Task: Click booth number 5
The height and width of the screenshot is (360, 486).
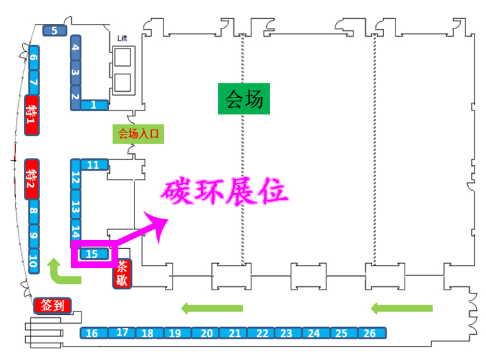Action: pyautogui.click(x=55, y=30)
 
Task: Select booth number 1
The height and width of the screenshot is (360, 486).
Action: pyautogui.click(x=94, y=105)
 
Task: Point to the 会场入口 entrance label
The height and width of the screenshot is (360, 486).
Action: pyautogui.click(x=137, y=134)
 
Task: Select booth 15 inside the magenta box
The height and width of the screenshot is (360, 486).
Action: pyautogui.click(x=92, y=254)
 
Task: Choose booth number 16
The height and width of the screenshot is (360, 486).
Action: pyautogui.click(x=92, y=334)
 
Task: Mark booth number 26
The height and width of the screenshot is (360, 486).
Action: pyautogui.click(x=370, y=334)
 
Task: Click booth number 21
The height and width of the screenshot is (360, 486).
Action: pyautogui.click(x=235, y=334)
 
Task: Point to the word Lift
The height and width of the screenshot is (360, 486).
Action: pyautogui.click(x=122, y=38)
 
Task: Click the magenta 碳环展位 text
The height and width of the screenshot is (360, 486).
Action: pyautogui.click(x=224, y=192)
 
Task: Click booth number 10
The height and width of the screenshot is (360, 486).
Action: pyautogui.click(x=32, y=261)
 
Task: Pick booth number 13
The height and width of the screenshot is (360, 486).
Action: pyautogui.click(x=76, y=208)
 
